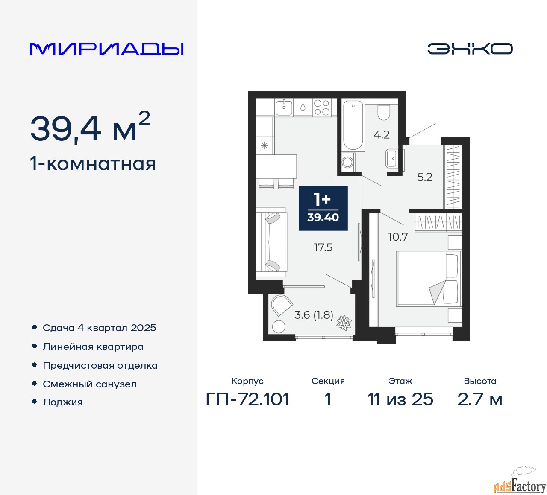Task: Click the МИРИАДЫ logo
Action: click(107, 49)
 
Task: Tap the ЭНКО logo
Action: click(470, 49)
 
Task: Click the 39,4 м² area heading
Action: click(90, 128)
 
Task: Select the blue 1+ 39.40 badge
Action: click(323, 208)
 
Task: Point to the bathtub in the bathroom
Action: click(353, 125)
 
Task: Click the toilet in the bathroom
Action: click(383, 112)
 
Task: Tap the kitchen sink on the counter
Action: click(284, 107)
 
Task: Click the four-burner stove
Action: click(321, 108)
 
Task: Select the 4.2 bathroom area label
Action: click(382, 135)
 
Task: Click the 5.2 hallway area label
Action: click(425, 177)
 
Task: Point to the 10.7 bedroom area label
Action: click(397, 237)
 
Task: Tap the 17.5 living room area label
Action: click(323, 247)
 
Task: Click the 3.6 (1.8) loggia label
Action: click(314, 315)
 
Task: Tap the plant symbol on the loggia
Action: click(344, 323)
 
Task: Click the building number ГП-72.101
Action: click(248, 399)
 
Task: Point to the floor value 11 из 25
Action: click(400, 399)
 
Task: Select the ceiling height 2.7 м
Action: click(480, 399)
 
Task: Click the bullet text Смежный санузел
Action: click(90, 384)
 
